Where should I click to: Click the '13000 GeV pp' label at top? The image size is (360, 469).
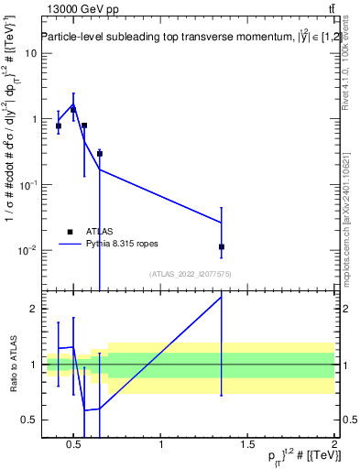coord(74,8)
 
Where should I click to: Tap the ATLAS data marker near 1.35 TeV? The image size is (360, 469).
coord(222,246)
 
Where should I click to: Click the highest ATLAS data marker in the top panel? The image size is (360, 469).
coord(73,109)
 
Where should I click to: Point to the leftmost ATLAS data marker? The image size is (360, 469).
coord(59,125)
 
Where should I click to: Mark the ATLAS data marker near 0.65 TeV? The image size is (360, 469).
coord(99,153)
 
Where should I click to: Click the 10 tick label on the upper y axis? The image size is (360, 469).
coord(30,53)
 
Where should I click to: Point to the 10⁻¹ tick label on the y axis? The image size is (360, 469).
coord(28,185)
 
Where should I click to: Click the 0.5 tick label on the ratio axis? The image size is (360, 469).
coord(28,420)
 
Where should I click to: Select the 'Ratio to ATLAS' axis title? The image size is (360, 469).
coord(12,365)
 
